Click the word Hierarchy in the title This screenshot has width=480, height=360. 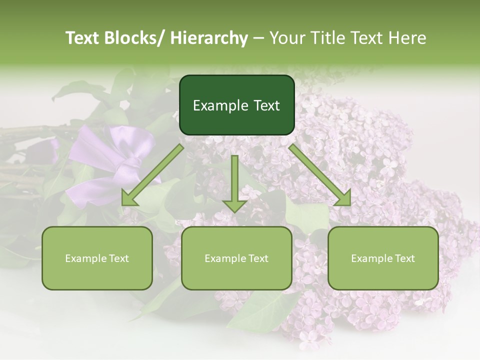point(209,38)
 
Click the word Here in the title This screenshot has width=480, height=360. point(407,38)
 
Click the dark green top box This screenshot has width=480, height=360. point(236,90)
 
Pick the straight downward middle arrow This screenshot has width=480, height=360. point(234,180)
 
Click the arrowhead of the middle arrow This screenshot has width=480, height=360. point(234,205)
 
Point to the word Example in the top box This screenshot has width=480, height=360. point(219,106)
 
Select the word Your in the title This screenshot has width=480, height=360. point(286,38)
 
